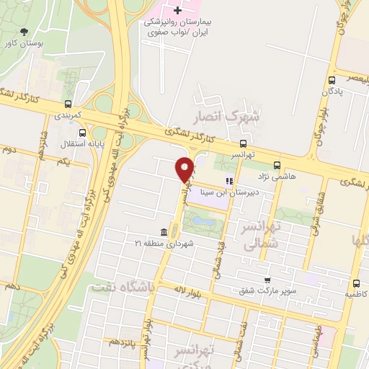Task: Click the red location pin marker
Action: click(184, 169)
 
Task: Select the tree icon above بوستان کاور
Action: click(26, 32)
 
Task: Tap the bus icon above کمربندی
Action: click(68, 103)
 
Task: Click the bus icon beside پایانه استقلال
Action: click(81, 133)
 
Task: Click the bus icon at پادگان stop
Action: click(332, 81)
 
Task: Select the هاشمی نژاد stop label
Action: click(276, 176)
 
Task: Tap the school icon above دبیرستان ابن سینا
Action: click(229, 182)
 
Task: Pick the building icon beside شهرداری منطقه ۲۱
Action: click(163, 232)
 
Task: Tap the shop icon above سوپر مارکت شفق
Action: click(267, 280)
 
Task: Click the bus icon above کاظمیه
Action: click(355, 284)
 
